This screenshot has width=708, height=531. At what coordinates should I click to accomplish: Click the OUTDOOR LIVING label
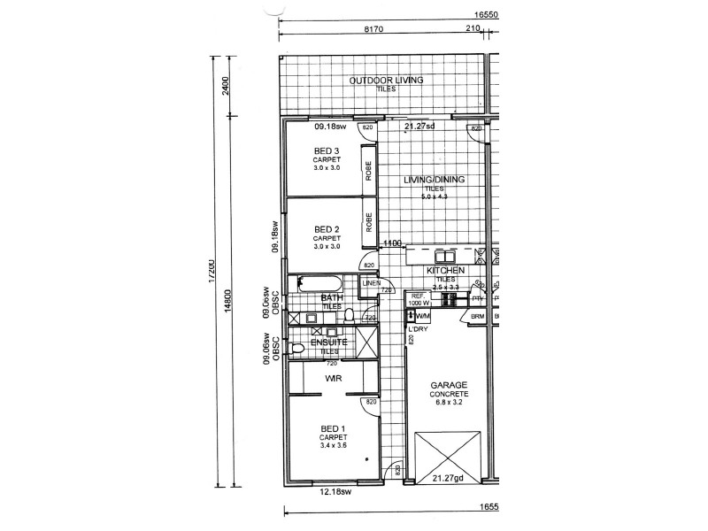pyautogui.click(x=386, y=81)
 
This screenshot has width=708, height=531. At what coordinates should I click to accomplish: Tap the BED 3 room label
pyautogui.click(x=327, y=152)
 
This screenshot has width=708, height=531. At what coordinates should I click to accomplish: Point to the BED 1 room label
pyautogui.click(x=334, y=428)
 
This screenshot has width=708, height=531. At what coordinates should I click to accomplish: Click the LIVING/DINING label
pyautogui.click(x=434, y=180)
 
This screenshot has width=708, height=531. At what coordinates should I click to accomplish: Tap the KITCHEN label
pyautogui.click(x=445, y=270)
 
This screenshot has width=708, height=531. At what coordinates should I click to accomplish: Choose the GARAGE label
pyautogui.click(x=449, y=386)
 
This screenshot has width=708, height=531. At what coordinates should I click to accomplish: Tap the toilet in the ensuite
pyautogui.click(x=298, y=348)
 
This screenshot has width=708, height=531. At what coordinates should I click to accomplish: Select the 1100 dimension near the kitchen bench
pyautogui.click(x=392, y=243)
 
